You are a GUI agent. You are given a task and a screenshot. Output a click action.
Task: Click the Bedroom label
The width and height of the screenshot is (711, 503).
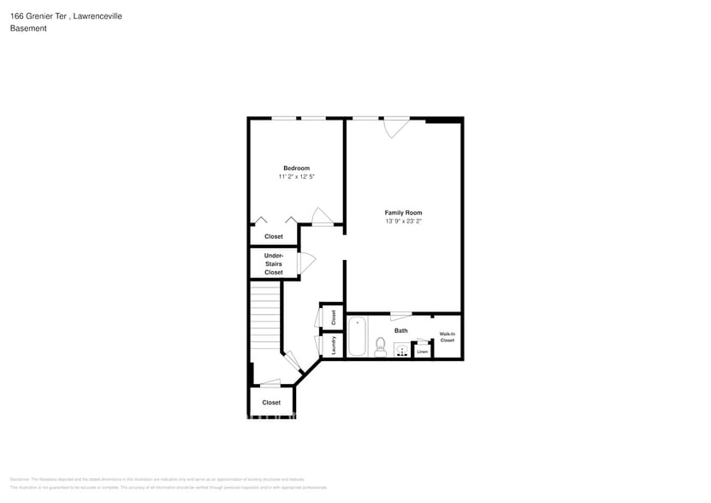tap(296, 168)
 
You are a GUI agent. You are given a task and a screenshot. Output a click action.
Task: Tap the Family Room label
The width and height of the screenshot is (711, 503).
tap(403, 213)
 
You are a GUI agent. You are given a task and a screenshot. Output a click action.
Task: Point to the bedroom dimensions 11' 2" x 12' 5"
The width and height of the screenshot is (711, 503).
tap(296, 177)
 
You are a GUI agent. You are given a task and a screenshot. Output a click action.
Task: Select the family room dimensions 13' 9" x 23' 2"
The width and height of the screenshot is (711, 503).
tap(403, 222)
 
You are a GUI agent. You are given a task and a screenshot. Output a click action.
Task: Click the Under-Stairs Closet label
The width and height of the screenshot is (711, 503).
tap(273, 263)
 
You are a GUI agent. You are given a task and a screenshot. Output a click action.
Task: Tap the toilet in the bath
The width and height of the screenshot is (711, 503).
tap(380, 346)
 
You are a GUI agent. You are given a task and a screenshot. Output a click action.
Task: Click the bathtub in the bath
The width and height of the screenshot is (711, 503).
tap(357, 336)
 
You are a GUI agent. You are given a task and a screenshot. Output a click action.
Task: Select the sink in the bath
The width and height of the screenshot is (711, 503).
tap(401, 350)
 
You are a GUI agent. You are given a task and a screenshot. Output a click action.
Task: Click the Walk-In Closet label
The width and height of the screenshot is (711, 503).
tap(447, 337)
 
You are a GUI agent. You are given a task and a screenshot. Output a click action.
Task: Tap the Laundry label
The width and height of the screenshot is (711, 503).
tap(333, 344)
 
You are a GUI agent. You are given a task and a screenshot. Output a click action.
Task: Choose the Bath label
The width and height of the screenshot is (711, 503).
tap(400, 330)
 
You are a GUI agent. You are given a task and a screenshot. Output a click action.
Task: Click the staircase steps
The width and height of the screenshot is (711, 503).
tap(266, 317)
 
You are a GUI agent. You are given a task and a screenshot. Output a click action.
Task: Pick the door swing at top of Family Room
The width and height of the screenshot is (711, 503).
tap(395, 127)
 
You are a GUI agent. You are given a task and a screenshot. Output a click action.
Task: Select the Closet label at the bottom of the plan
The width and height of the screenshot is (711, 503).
tap(271, 402)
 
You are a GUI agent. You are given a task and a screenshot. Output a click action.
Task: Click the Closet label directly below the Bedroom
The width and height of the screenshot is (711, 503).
tap(273, 236)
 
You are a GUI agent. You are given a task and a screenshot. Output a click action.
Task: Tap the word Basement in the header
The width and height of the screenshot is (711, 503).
tap(28, 28)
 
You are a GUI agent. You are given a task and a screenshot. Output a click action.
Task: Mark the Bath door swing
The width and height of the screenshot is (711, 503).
tap(400, 316)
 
